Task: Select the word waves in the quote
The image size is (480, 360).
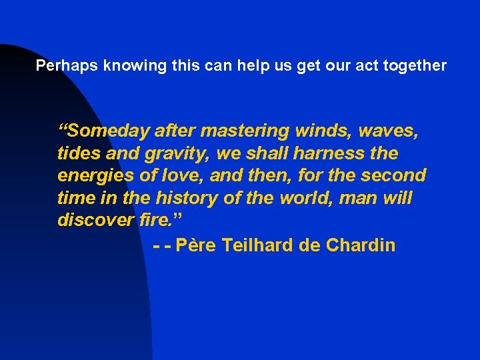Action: tap(391, 131)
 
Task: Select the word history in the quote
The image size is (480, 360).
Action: tap(197, 198)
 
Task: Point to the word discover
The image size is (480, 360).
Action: tap(92, 220)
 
